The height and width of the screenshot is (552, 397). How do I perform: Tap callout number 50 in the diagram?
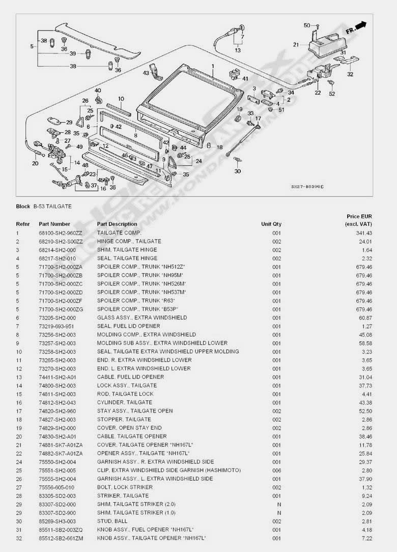point(307,25)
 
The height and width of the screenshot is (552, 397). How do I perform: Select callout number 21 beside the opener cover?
point(296,45)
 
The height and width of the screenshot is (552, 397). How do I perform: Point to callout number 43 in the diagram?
point(146,73)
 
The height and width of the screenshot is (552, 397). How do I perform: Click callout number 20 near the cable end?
point(35,163)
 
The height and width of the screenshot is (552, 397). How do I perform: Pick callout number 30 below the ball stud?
point(237,171)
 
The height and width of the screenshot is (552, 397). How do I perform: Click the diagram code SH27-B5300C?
point(307,187)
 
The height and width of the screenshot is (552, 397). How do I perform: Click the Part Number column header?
point(54,224)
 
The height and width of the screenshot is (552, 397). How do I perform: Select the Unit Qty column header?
point(271,224)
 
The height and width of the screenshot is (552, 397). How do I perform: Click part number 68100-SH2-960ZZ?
point(60,233)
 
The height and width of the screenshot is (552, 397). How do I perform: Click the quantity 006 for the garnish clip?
point(276,470)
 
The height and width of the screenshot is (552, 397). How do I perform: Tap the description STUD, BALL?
point(111,521)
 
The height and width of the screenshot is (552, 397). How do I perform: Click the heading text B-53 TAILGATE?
point(52,207)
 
